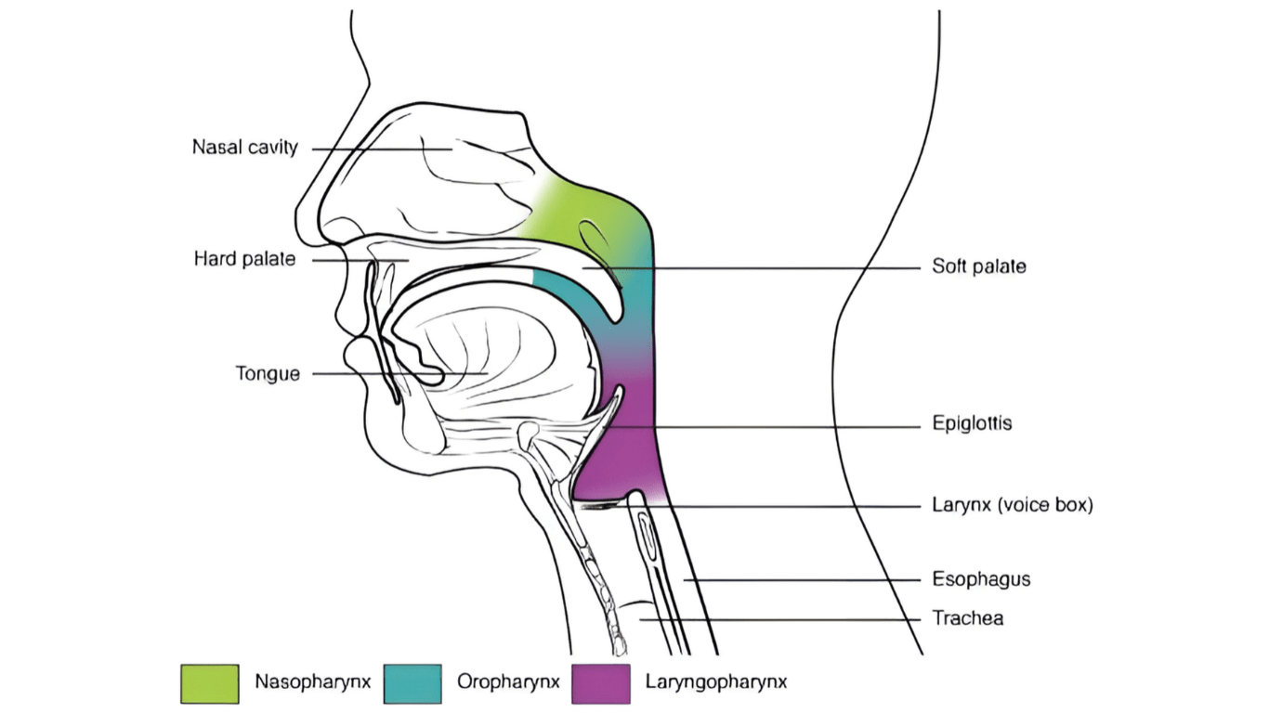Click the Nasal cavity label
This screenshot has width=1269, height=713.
[244, 148]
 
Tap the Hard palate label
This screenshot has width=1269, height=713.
[244, 259]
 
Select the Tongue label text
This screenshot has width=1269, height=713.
[268, 374]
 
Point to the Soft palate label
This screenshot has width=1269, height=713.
[979, 267]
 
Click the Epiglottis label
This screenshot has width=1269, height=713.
[972, 424]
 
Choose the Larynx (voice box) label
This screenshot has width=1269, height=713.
[1013, 506]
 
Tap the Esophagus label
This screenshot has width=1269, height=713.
[981, 579]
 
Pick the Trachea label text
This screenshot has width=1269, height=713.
[968, 617]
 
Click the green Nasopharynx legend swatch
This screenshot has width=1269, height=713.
[209, 683]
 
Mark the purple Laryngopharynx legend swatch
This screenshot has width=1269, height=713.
[600, 683]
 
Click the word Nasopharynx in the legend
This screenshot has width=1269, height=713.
[313, 682]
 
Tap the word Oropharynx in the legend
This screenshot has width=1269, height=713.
[508, 682]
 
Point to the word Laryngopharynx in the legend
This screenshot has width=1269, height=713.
[715, 682]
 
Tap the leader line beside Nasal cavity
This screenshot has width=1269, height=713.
[372, 149]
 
